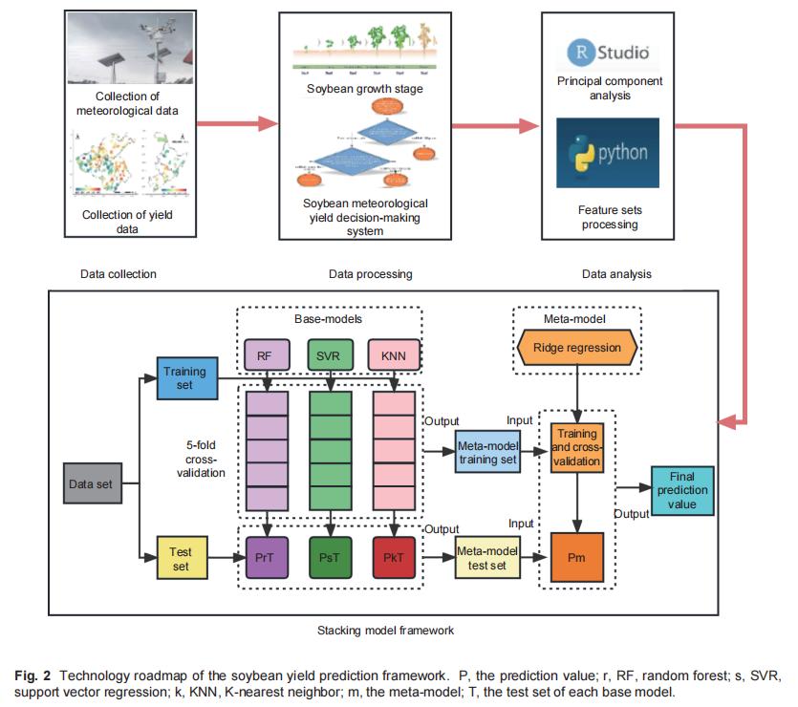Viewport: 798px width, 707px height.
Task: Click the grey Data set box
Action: pyautogui.click(x=91, y=483)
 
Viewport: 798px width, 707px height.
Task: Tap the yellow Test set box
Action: pyautogui.click(x=181, y=559)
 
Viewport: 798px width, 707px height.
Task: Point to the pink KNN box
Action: pyautogui.click(x=394, y=356)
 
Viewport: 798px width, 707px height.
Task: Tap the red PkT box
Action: pyautogui.click(x=394, y=558)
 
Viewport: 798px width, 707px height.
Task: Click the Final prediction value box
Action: pyautogui.click(x=682, y=491)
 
